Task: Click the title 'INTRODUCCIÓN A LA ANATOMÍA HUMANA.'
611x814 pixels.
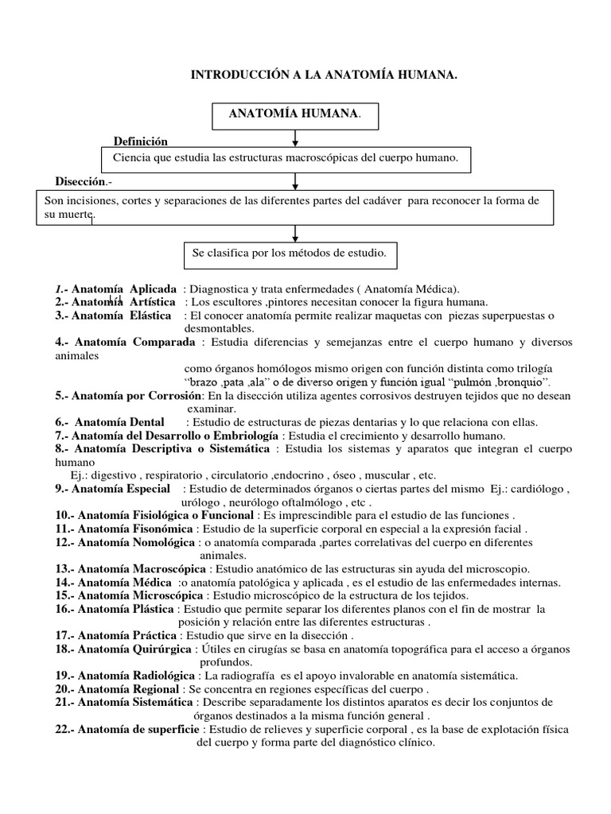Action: point(323,76)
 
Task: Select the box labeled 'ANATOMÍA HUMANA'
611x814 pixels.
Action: point(295,114)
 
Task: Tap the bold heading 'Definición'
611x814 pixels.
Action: point(140,141)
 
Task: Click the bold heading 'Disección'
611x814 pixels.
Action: point(80,180)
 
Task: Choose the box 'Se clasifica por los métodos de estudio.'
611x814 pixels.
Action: point(289,254)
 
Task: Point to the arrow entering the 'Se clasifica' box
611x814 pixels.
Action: point(295,235)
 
